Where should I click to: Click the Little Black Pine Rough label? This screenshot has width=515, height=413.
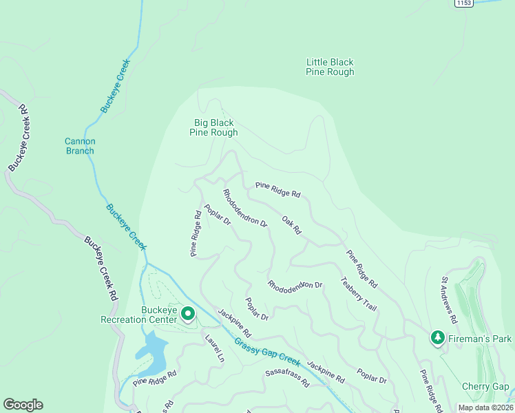[330, 67]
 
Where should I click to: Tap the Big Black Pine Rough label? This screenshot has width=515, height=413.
[214, 128]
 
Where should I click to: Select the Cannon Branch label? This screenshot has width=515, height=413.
[80, 146]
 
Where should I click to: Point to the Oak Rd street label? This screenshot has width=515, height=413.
[292, 225]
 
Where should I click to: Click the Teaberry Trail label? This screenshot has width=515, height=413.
[359, 294]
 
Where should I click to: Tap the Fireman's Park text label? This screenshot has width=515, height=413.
[483, 339]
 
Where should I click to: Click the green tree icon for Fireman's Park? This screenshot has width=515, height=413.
[437, 338]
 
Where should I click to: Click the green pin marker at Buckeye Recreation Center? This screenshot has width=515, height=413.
[188, 315]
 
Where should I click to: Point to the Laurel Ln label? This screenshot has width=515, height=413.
[215, 348]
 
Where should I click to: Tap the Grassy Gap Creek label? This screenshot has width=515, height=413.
[267, 353]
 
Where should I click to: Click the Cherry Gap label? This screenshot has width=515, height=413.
[485, 386]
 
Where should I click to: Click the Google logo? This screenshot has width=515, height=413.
[23, 405]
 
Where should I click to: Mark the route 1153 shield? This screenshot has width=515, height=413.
[463, 4]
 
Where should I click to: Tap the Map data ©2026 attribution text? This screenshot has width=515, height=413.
[485, 407]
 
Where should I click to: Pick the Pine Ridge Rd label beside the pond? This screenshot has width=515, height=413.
[155, 378]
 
